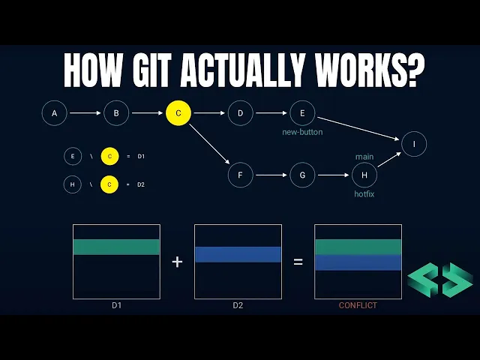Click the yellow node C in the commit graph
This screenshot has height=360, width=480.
coord(178,114)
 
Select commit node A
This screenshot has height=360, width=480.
coord(54,114)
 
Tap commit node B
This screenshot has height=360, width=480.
coord(116,114)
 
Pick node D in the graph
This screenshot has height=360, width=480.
coord(241,114)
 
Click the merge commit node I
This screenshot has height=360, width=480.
coord(414,143)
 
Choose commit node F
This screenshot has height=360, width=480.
coord(241,176)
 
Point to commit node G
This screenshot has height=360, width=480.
coord(302,176)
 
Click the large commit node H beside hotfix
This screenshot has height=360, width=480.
coord(364,176)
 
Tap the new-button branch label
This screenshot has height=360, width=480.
coord(302,133)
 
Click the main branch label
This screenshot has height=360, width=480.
coord(364,157)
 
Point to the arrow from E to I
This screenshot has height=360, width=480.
coord(357,127)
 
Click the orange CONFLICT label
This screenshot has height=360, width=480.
coord(358,305)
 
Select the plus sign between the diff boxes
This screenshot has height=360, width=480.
coord(177,262)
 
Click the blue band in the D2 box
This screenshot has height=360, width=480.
coord(238,254)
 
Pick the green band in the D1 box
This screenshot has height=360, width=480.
coord(116,247)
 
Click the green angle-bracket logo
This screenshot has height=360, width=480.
coord(440,280)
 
